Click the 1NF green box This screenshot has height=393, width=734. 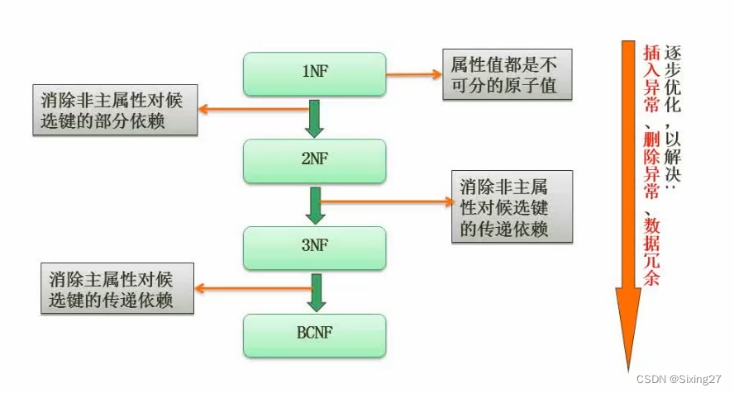pos(315,73)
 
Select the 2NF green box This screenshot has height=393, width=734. pos(315,160)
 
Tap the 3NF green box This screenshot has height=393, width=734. pos(315,247)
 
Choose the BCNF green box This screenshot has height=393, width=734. pos(315,334)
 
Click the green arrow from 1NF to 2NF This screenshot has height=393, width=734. pos(315,117)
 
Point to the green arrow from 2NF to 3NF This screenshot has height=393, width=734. pos(315,204)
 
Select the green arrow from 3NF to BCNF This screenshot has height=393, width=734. pos(315,291)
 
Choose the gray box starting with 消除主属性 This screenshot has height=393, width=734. pos(117,288)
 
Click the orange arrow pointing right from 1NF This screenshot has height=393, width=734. pos(413,73)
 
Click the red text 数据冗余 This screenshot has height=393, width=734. pos(651,252)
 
